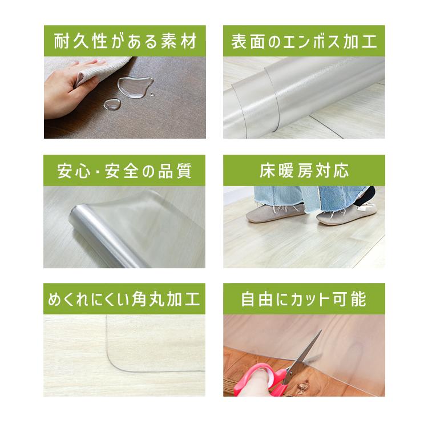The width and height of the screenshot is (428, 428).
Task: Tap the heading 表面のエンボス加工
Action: coord(304,41)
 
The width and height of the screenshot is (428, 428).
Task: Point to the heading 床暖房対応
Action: coord(304,171)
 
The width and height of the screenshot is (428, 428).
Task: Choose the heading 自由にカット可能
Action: coord(304,300)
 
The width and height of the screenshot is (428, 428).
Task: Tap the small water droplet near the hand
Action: coord(112,104)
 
